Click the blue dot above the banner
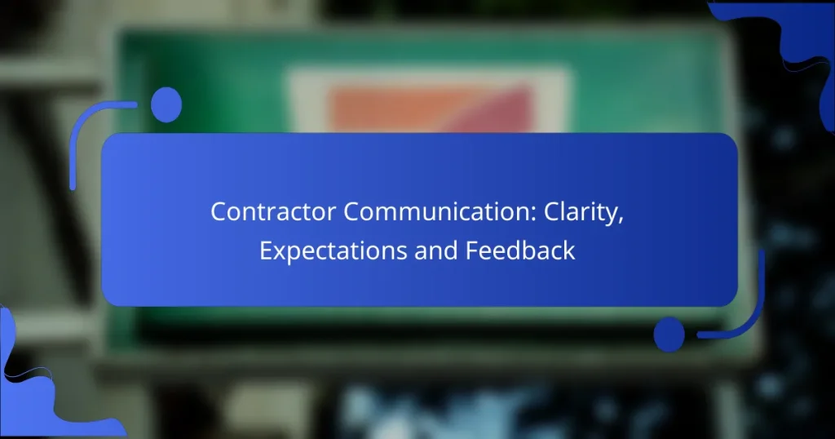click(x=166, y=105)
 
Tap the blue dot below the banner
click(x=669, y=334)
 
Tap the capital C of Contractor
click(x=219, y=212)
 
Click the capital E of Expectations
click(x=266, y=251)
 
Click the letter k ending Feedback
click(x=569, y=251)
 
